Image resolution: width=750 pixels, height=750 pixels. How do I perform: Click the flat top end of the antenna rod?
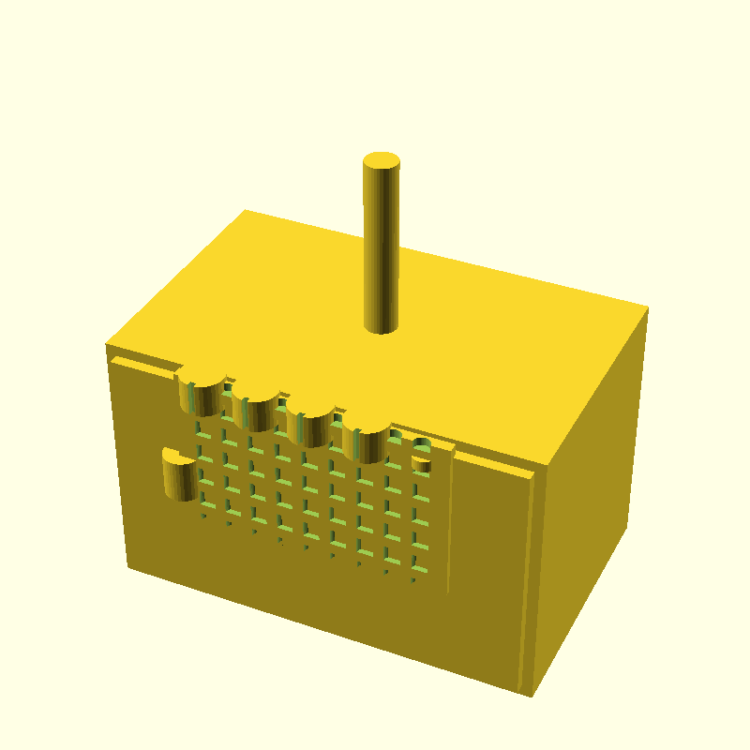click(382, 160)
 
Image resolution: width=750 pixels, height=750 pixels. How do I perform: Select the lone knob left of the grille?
click(178, 474)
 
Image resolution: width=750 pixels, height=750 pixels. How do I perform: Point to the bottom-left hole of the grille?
click(202, 515)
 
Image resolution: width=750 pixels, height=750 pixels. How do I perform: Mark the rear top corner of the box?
click(245, 210)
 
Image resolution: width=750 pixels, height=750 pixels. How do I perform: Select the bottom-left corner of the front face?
click(128, 566)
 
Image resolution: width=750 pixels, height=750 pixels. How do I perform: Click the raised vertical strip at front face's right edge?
click(527, 581)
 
